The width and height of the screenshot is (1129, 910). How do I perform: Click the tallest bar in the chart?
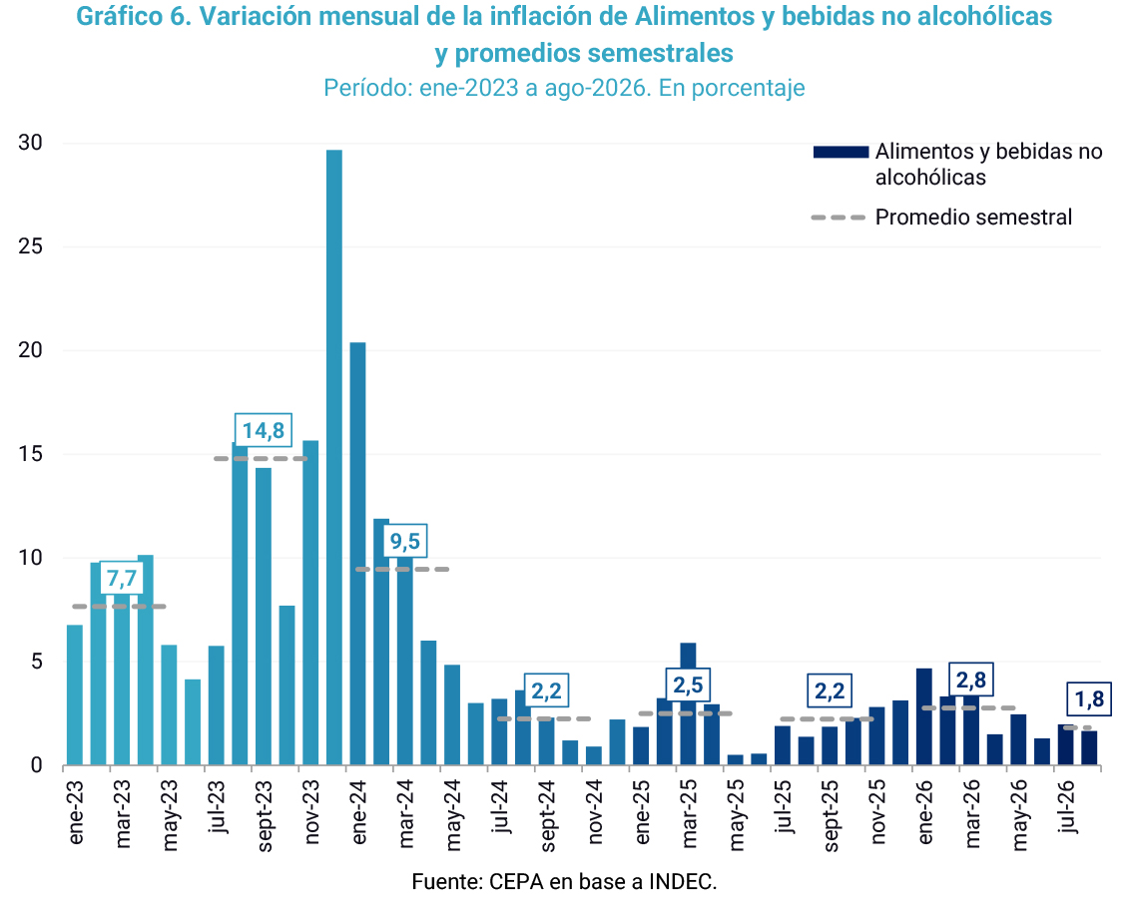(x=334, y=457)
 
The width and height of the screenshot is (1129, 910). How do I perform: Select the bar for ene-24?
(x=357, y=554)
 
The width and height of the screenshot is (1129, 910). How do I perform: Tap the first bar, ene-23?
(x=75, y=694)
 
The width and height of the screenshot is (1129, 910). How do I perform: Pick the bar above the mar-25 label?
(x=689, y=704)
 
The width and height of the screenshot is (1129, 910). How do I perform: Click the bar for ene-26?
(x=923, y=717)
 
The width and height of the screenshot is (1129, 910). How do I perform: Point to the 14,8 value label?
(x=263, y=430)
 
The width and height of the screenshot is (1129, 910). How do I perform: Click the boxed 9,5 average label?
(x=405, y=541)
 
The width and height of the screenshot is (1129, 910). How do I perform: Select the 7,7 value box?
(x=122, y=578)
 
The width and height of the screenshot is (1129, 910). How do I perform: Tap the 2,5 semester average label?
(x=688, y=684)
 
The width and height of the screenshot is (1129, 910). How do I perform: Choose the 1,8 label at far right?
(x=1089, y=699)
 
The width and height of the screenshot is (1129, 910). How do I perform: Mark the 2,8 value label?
(x=971, y=680)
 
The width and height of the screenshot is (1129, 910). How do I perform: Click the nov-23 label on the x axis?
(x=311, y=812)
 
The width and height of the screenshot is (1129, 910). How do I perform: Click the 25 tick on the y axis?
(x=30, y=246)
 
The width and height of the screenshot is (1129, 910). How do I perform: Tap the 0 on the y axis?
(x=36, y=765)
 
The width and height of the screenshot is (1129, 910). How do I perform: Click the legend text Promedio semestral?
(x=973, y=217)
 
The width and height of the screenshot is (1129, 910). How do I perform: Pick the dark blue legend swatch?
(x=841, y=152)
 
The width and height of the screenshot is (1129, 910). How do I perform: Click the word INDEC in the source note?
(x=683, y=881)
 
